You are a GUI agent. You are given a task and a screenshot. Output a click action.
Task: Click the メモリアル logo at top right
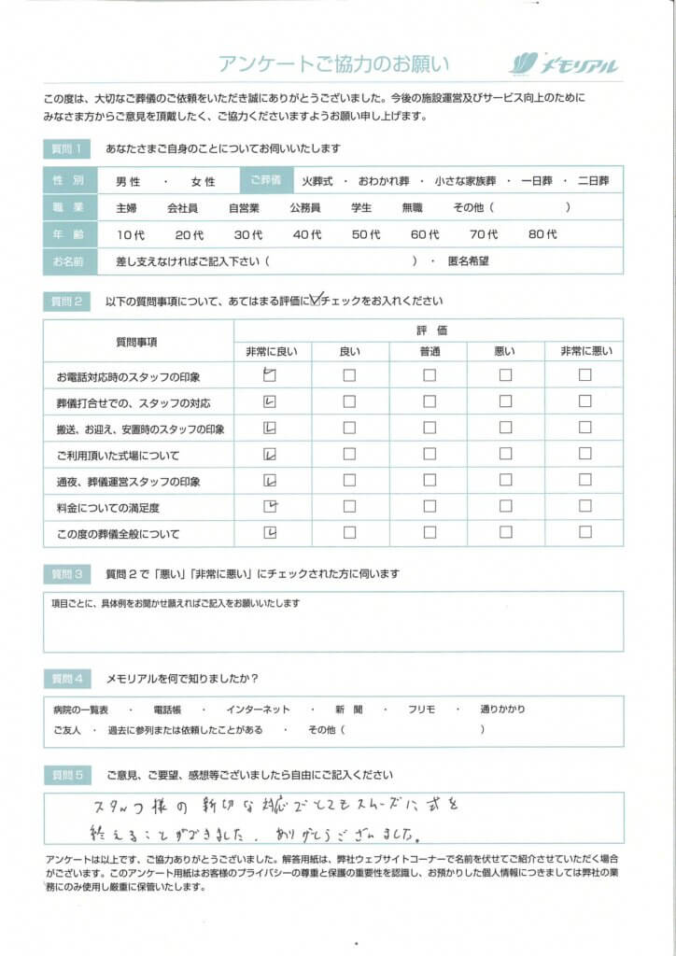pos(564,63)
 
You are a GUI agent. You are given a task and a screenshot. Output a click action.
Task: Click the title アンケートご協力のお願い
pos(333,63)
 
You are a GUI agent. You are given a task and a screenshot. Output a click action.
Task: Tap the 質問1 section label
pos(67,148)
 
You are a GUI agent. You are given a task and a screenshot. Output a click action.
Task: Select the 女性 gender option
pos(203,181)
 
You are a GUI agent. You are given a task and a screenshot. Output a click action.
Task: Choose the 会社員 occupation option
pos(183,207)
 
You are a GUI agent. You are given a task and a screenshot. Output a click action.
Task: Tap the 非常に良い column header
pos(271,350)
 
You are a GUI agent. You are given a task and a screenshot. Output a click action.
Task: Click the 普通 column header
pos(430,350)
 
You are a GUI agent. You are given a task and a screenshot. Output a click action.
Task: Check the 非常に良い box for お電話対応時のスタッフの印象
pos(270,375)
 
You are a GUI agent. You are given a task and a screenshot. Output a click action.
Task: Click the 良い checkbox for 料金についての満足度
pos(349,507)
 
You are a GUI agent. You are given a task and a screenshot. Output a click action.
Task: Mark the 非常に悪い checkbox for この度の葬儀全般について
pos(584,533)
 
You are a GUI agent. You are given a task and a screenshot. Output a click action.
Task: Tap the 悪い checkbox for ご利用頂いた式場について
pos(505,455)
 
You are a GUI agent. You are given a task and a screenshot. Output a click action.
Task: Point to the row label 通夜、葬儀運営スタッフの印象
pos(129,482)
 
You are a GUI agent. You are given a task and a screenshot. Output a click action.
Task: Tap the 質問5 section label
pos(67,775)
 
